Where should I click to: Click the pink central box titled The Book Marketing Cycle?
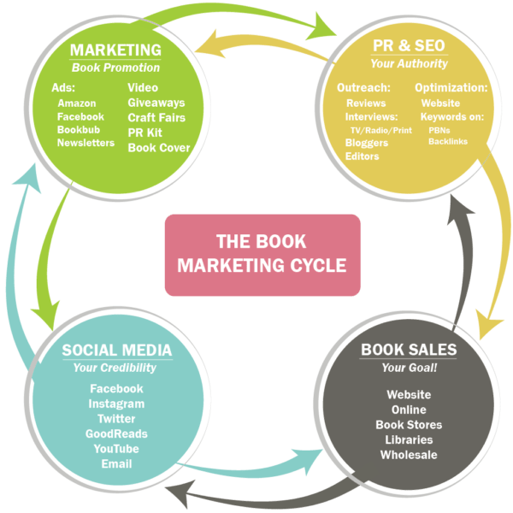pos(262,255)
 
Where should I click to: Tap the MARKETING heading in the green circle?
pos(115,50)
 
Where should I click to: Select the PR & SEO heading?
pos(409,45)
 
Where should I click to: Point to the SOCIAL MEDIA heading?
pos(117,350)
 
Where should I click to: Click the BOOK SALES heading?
pos(409,350)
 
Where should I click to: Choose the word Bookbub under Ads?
pos(79,130)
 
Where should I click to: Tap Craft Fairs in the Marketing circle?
pos(156,117)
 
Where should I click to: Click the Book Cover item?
pos(159,148)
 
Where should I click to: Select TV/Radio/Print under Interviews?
pos(381,130)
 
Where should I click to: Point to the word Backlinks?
pos(448,141)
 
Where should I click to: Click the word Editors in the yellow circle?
pos(362,156)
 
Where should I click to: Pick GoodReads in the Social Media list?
pos(116,433)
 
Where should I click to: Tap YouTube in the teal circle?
pos(116,449)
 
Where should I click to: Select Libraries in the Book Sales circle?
pos(409,439)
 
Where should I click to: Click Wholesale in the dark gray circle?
pos(409,455)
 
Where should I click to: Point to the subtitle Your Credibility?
pos(115,368)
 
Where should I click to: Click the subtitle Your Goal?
pos(410,368)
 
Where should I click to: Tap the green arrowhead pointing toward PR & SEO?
pos(322,27)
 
